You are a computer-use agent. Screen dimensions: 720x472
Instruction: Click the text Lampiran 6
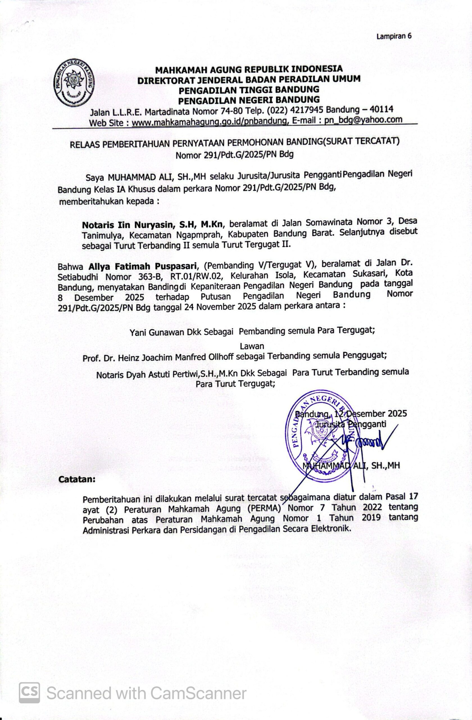click(393, 36)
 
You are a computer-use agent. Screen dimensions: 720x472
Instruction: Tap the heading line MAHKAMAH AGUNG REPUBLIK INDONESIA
click(249, 69)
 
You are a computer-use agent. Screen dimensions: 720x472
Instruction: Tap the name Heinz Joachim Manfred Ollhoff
click(169, 357)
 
